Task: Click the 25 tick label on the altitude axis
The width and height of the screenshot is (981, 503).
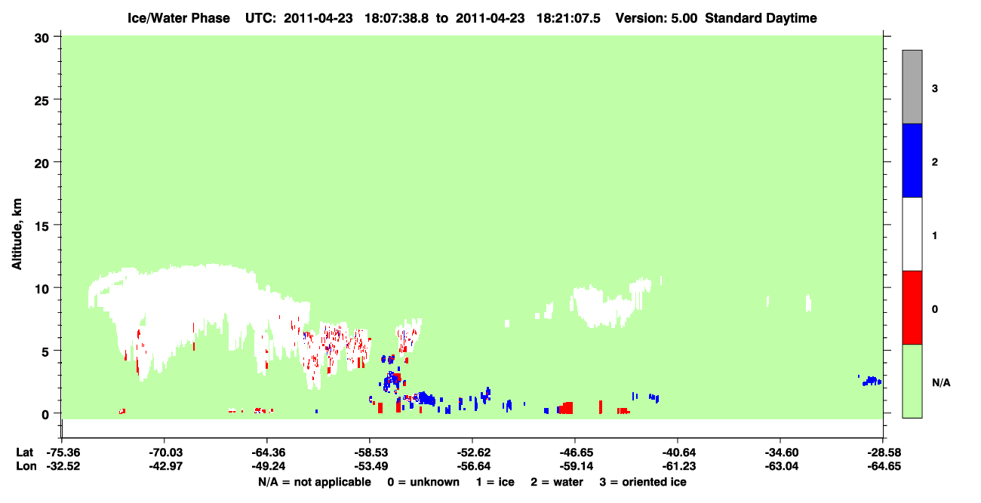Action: pos(42,101)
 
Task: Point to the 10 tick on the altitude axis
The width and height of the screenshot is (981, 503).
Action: pos(57,287)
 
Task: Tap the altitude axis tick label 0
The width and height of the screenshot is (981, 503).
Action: pos(45,415)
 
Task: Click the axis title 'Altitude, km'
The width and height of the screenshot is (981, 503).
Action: pos(17,235)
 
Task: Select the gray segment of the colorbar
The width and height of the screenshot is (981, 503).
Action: pos(912,87)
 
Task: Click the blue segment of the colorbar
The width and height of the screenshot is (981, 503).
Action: pos(912,160)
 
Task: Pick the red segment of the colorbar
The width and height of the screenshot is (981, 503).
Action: pos(912,308)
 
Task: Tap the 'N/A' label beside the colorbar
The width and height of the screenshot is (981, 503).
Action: pos(941,382)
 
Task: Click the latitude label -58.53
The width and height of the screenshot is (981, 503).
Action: pos(370,452)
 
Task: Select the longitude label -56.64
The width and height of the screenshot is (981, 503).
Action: pos(473,466)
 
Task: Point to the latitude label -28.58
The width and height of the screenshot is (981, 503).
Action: pos(884,452)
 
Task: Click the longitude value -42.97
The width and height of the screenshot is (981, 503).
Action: pos(165,466)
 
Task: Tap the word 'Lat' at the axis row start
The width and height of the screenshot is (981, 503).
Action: pos(25,452)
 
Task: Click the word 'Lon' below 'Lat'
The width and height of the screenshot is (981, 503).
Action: pos(26,466)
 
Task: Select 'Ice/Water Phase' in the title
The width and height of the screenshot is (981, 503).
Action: pos(179,18)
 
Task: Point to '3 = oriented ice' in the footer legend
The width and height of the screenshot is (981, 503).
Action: pos(643,482)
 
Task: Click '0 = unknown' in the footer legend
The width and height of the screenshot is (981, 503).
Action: pos(423,482)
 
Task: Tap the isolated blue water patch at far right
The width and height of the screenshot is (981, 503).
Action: pos(872,381)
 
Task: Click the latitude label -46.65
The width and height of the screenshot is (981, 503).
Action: pos(576,452)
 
